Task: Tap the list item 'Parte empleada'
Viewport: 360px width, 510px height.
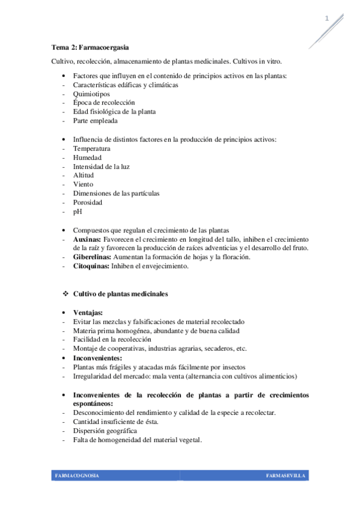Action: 95,120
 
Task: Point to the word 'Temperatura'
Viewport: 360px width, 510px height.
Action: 91,148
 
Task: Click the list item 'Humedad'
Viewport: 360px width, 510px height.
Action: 87,157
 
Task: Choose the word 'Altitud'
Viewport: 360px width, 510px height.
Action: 84,175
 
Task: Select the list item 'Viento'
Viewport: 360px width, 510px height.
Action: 84,184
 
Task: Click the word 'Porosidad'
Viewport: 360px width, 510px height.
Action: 88,202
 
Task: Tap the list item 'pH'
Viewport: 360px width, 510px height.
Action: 77,212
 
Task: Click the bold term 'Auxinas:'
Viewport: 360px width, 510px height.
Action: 87,239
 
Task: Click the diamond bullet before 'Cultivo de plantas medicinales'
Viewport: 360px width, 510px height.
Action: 66,293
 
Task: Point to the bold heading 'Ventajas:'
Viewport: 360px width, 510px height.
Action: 88,313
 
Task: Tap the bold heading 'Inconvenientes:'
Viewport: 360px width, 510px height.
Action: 98,357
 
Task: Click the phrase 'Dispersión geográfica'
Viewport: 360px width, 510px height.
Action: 105,431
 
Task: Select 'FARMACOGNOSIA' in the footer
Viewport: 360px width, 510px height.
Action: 77,476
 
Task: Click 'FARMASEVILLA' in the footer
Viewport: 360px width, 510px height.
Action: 285,476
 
